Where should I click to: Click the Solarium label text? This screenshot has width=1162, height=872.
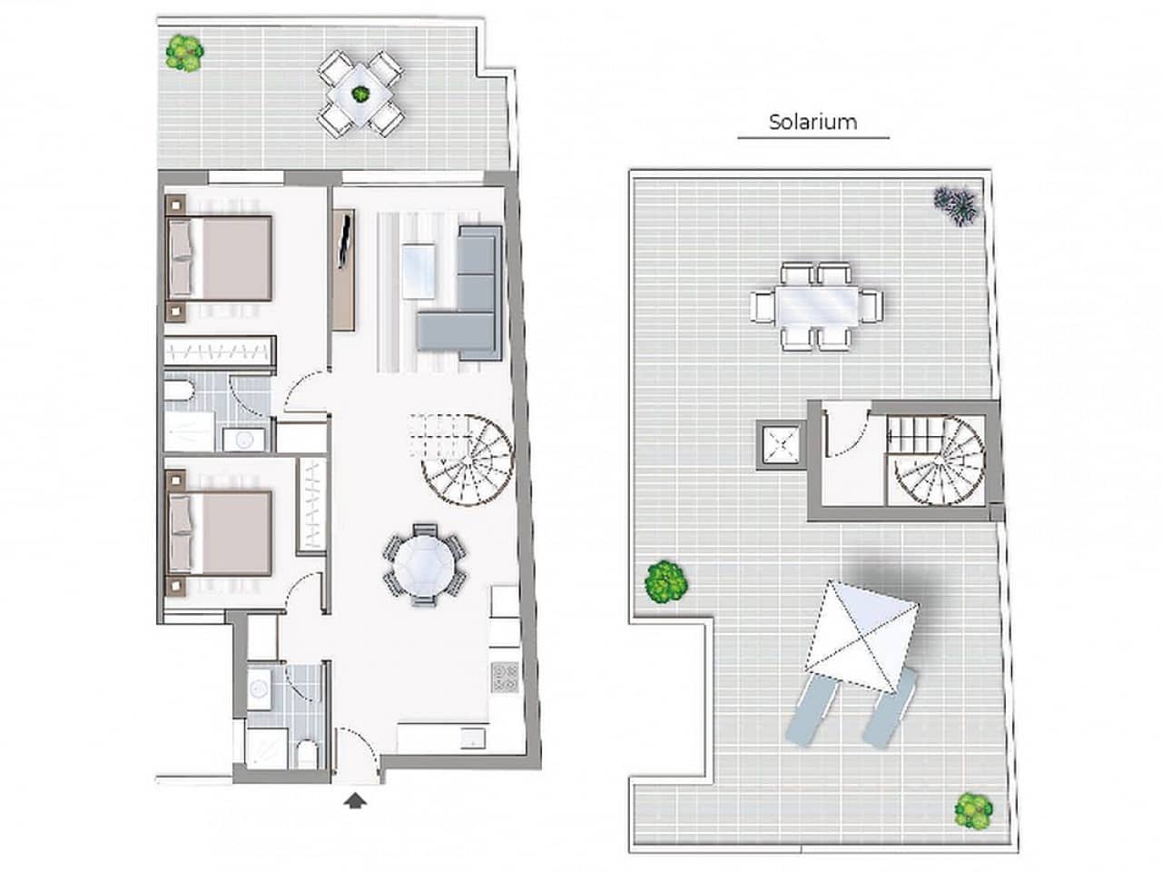812,122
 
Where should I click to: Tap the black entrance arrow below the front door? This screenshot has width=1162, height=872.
356,799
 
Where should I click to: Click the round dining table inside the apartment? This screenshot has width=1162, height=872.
422,563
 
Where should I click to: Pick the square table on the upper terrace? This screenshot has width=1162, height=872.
360,94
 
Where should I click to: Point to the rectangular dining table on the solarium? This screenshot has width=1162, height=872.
815,305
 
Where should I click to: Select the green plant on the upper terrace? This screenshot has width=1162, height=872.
184,52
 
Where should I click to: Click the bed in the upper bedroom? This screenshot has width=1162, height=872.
222,257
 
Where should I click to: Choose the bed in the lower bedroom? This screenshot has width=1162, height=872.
222,533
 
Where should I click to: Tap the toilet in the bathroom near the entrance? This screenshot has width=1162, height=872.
306,753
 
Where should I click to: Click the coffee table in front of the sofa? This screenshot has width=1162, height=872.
419,270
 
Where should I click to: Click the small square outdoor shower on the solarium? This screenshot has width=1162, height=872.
780,442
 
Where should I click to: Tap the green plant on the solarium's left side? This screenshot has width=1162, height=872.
665,580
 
